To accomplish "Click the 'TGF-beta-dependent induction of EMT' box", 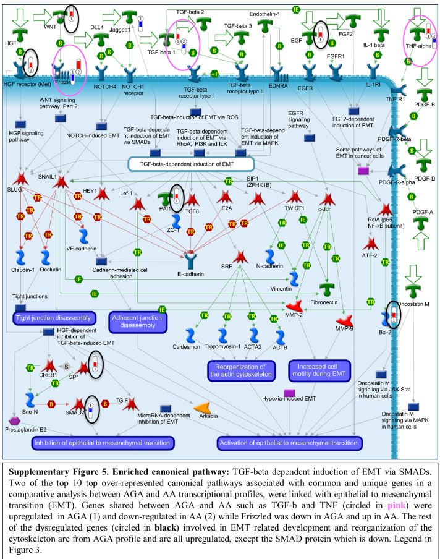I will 190,164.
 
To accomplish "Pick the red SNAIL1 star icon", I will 61,182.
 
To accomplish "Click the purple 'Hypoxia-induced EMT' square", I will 288,393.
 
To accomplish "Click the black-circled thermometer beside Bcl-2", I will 393,314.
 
